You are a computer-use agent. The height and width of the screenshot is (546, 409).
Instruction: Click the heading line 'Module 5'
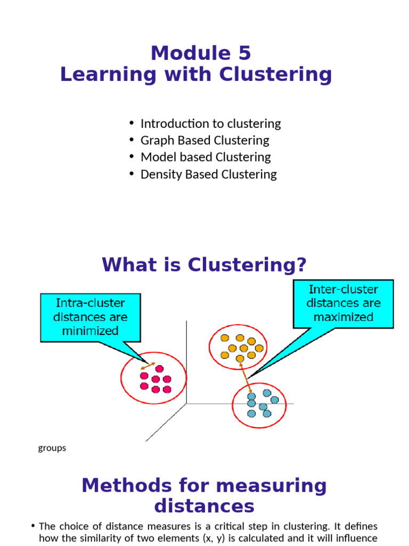tap(201, 53)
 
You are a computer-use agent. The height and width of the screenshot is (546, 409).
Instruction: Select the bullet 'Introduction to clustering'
tap(210, 124)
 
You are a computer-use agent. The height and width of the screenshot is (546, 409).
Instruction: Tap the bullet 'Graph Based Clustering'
tap(204, 140)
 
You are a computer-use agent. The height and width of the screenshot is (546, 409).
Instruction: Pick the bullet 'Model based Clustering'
tap(206, 157)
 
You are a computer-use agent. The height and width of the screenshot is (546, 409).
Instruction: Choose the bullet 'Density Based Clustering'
tap(208, 174)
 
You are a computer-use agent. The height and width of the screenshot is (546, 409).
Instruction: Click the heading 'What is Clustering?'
tap(204, 264)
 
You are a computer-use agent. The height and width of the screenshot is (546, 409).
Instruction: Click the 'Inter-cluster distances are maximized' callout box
tap(343, 304)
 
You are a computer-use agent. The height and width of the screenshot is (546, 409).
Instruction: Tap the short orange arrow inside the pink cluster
tap(148, 367)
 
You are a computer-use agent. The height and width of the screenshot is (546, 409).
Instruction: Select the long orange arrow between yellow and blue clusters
tap(246, 378)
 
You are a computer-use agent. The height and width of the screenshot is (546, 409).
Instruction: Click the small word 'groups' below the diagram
tap(52, 448)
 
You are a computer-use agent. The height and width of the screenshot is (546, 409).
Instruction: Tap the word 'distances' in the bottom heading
tap(204, 505)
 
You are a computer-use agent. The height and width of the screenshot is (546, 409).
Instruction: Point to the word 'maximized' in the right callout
tap(343, 317)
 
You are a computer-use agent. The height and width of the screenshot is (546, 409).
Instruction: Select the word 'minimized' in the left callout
tap(91, 330)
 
